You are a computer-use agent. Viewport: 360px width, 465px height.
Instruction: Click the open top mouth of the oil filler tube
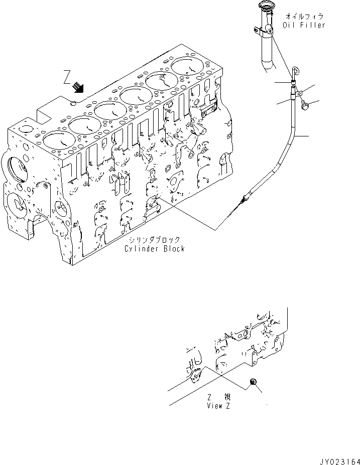[264, 6]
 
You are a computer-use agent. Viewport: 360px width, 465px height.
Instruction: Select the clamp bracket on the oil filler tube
[266, 32]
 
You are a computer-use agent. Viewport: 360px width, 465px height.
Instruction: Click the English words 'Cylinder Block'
[155, 249]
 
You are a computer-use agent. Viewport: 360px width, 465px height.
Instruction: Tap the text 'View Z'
[218, 406]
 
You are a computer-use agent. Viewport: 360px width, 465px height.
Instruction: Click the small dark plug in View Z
[254, 384]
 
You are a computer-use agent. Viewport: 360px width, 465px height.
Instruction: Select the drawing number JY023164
[339, 459]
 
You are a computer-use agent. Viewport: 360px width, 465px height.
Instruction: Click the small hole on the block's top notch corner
[74, 104]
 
